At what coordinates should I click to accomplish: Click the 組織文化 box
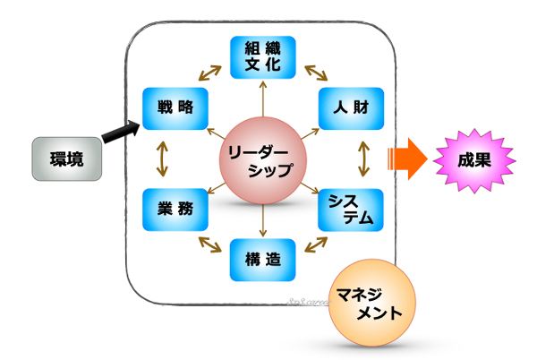pyautogui.click(x=263, y=56)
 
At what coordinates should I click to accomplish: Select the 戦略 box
pyautogui.click(x=175, y=107)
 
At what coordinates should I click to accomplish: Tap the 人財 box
pyautogui.click(x=351, y=107)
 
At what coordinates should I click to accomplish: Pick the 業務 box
pyautogui.click(x=175, y=210)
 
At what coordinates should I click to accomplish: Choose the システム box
pyautogui.click(x=351, y=210)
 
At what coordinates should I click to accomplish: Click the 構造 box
pyautogui.click(x=263, y=261)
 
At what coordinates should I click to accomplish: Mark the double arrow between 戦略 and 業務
pyautogui.click(x=162, y=159)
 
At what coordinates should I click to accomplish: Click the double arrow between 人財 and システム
pyautogui.click(x=363, y=159)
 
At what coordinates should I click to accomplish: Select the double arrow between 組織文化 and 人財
pyautogui.click(x=313, y=73)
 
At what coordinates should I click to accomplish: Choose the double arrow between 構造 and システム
pyautogui.click(x=313, y=244)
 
